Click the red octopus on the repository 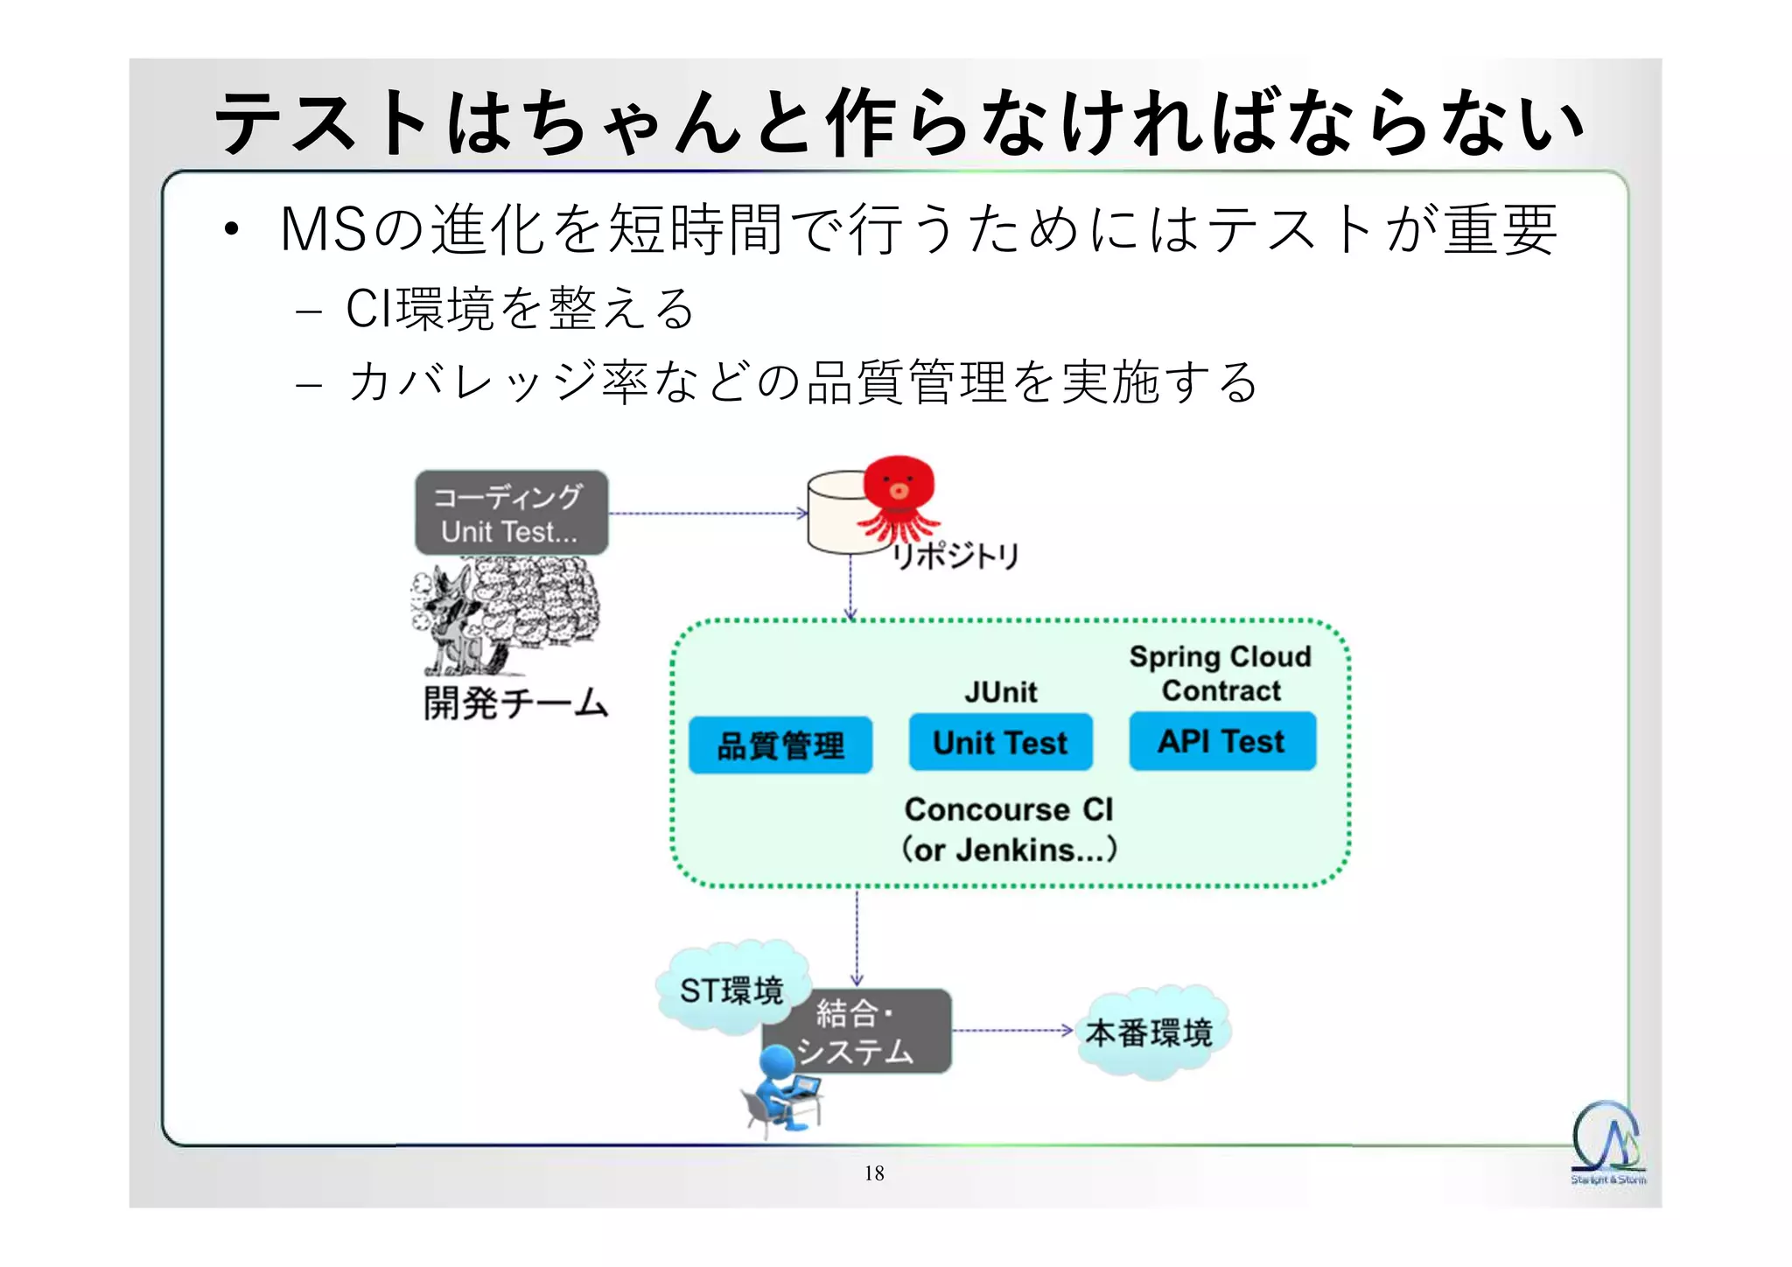point(899,495)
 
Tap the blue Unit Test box point(1000,743)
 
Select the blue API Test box point(1221,741)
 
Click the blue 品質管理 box point(780,745)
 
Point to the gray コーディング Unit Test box point(511,513)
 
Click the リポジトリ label point(955,556)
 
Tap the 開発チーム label point(515,703)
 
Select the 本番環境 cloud point(1149,1032)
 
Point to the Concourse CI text point(1008,810)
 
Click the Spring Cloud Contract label point(1220,674)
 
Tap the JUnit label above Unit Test point(1000,692)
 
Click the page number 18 point(874,1173)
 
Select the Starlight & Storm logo point(1606,1142)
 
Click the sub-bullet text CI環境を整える point(520,309)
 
